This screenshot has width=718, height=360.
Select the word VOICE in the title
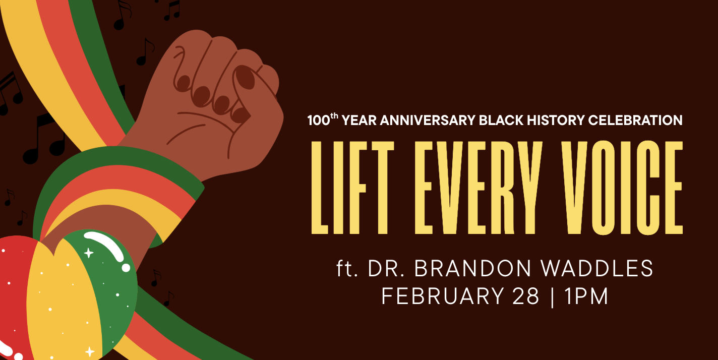click(x=613, y=188)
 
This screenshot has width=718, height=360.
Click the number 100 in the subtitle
click(x=318, y=121)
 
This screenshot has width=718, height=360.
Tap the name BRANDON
click(x=470, y=269)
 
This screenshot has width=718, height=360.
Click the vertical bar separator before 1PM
click(x=553, y=296)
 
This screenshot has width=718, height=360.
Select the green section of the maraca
click(x=113, y=287)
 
